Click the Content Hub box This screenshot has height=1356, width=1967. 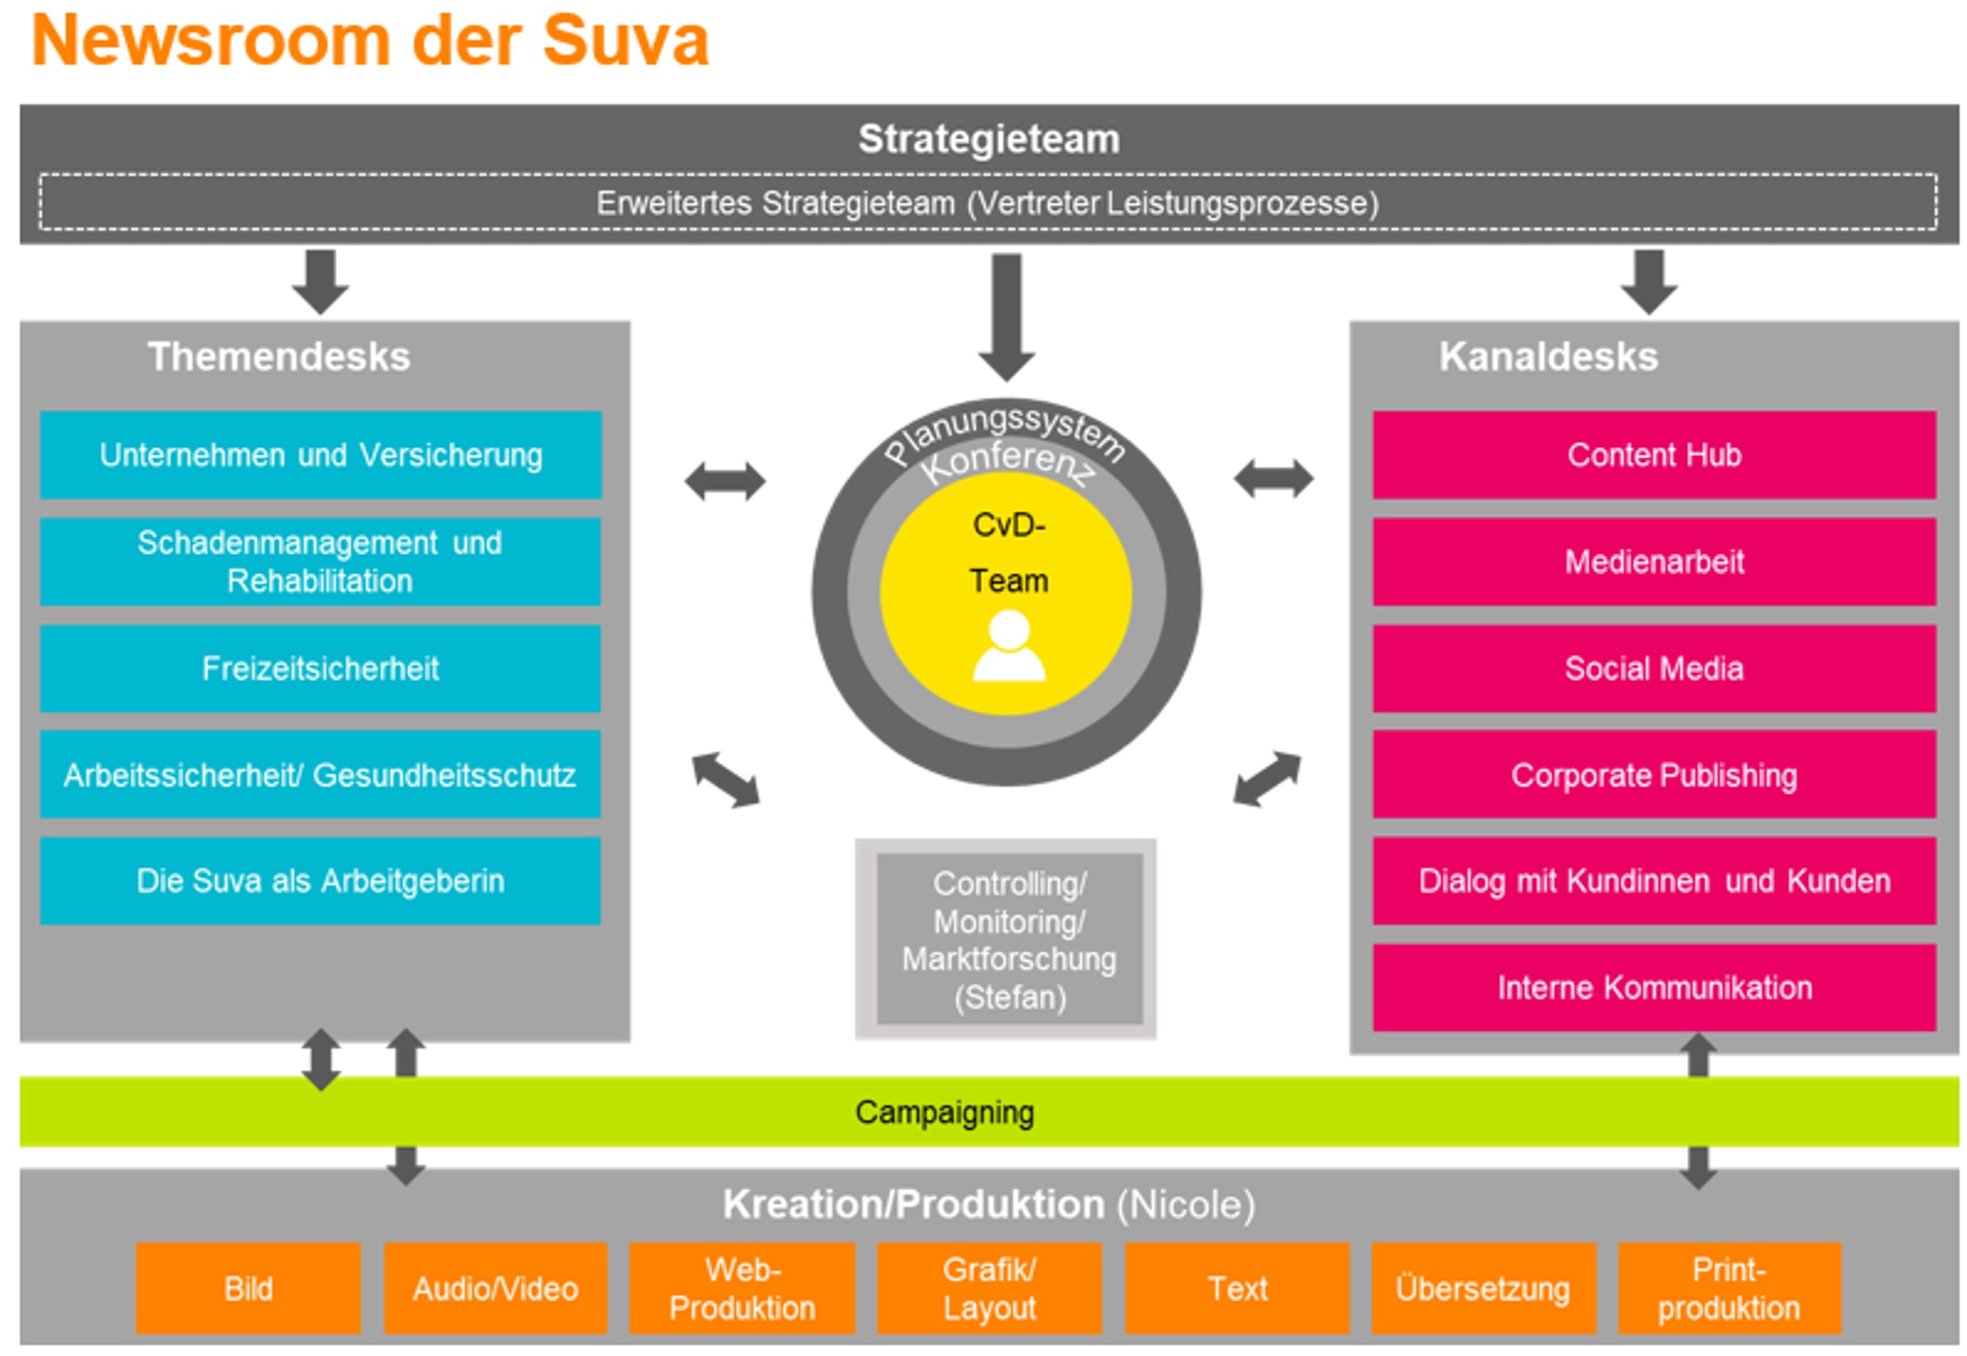pos(1653,455)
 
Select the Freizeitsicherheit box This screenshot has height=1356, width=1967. pos(320,668)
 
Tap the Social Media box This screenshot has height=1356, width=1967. pos(1653,668)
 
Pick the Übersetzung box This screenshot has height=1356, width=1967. pos(1482,1288)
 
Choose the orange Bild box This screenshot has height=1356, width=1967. pos(248,1288)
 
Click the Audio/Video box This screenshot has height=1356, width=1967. pos(495,1288)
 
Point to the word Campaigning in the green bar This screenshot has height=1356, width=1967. pos(944,1111)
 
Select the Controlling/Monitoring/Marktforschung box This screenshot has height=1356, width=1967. pos(1008,939)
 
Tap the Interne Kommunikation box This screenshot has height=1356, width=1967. pos(1653,988)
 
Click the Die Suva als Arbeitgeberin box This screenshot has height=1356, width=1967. pos(320,880)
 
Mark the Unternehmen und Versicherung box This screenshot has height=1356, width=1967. pos(320,455)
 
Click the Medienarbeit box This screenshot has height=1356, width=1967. pos(1653,561)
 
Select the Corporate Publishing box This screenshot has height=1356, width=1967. pos(1653,774)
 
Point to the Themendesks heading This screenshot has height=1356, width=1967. pos(279,356)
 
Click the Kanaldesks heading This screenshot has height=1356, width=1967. pos(1547,356)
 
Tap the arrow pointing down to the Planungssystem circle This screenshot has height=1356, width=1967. pos(1007,318)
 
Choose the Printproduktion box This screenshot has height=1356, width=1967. pos(1728,1288)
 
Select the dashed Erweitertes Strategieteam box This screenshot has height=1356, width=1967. pos(987,202)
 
